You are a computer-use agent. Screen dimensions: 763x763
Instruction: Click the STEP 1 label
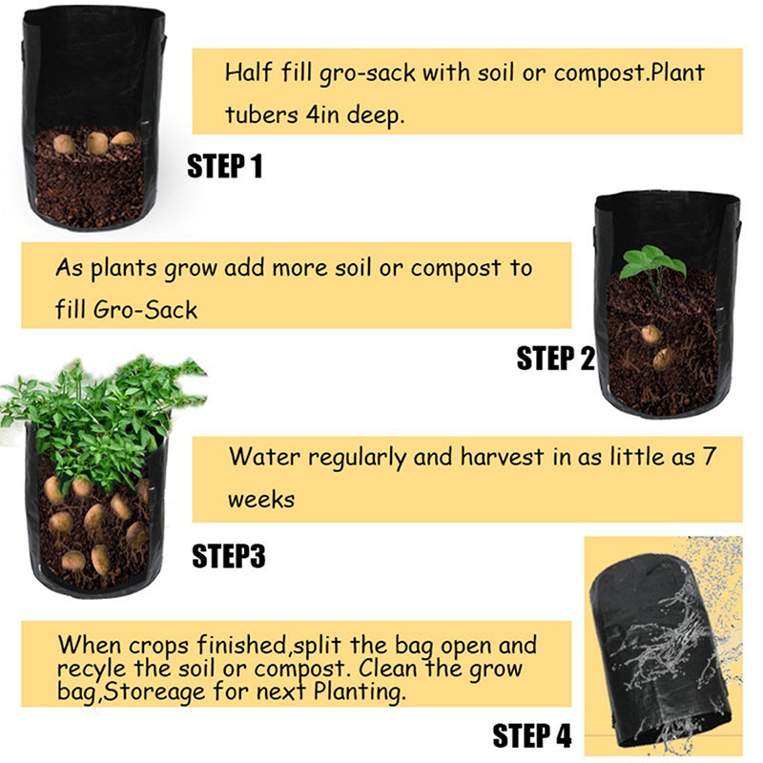coord(225,166)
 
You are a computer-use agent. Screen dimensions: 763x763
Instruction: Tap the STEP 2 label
coord(556,359)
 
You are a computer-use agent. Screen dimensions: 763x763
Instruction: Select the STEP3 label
coord(229,556)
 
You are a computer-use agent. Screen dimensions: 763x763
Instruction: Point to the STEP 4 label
coord(532,735)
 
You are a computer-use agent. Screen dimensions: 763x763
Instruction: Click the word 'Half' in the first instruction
coord(248,72)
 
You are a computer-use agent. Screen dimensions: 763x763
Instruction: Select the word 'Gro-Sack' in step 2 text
coord(145,309)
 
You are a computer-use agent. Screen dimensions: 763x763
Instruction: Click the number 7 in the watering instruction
coord(710,457)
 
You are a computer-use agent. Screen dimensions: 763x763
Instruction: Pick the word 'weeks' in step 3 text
coord(261,500)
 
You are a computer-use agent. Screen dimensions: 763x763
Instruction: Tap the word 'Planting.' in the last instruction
coord(360,691)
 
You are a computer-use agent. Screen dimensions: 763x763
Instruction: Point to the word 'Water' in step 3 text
coord(263,457)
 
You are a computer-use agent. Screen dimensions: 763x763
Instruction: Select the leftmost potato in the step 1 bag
coord(64,144)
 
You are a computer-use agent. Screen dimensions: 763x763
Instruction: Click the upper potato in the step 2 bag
coord(651,335)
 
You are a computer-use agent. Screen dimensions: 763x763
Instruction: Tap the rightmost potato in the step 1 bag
coord(123,138)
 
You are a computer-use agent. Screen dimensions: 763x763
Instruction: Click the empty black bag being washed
coord(660,651)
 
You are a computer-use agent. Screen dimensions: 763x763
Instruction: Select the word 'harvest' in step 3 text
coord(502,457)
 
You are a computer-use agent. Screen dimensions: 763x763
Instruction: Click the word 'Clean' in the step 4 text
coord(388,668)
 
